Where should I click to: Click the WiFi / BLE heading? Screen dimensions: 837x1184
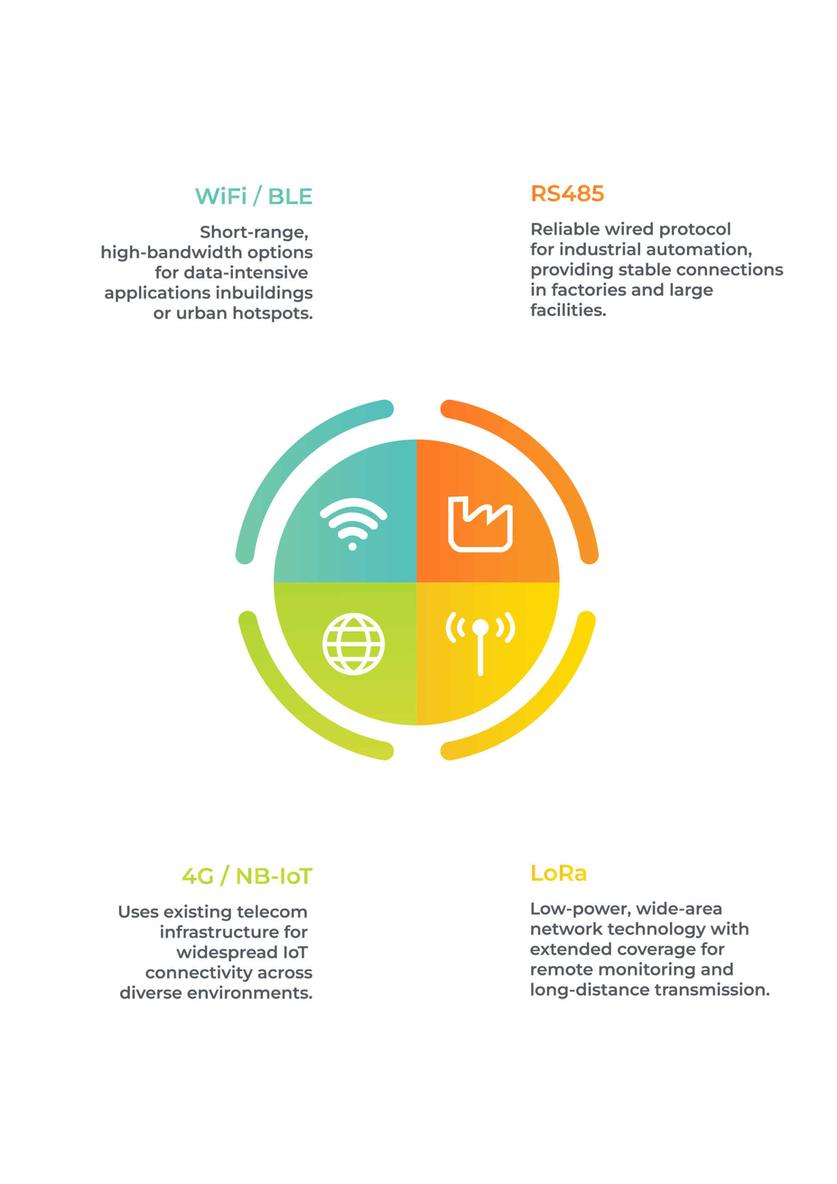[253, 197]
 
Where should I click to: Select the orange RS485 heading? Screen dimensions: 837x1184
[567, 194]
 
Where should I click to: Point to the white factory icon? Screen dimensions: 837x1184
[480, 524]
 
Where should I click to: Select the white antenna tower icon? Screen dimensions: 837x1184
[480, 643]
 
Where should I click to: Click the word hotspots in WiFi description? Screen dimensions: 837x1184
[273, 314]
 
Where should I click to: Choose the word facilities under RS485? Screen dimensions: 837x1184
[568, 310]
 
